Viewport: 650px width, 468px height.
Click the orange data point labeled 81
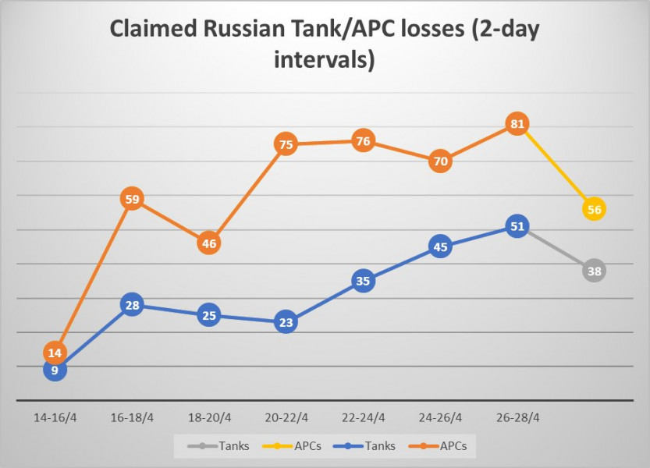pyautogui.click(x=517, y=124)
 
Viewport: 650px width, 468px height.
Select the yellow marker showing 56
pyautogui.click(x=594, y=209)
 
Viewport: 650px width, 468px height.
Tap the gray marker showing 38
pyautogui.click(x=594, y=271)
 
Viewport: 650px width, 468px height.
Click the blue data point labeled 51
pyautogui.click(x=517, y=227)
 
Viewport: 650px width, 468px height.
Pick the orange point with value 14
pyautogui.click(x=55, y=353)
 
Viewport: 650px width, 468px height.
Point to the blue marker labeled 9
pyautogui.click(x=55, y=370)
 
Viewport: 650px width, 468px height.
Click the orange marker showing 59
pyautogui.click(x=132, y=199)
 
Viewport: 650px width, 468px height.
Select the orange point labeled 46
pyautogui.click(x=209, y=243)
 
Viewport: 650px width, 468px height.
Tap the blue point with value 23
pyautogui.click(x=286, y=322)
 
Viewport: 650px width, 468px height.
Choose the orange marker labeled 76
pyautogui.click(x=363, y=141)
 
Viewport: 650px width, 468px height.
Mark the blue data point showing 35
pyautogui.click(x=363, y=281)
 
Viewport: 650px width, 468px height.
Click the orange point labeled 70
pyautogui.click(x=440, y=161)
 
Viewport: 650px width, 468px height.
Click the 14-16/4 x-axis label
pyautogui.click(x=55, y=417)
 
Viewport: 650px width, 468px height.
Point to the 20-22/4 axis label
pyautogui.click(x=286, y=417)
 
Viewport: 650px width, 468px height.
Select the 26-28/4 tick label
pyautogui.click(x=517, y=417)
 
